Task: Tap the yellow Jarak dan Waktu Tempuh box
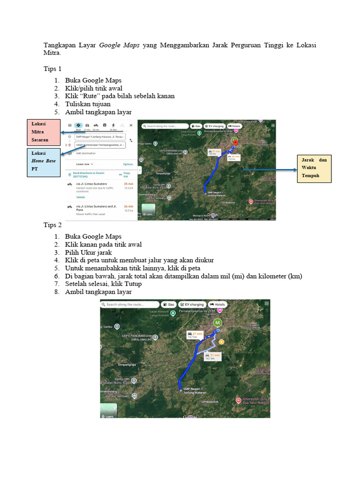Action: click(x=315, y=168)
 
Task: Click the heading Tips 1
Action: click(x=52, y=69)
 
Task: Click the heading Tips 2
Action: click(x=52, y=225)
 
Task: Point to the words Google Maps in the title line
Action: click(x=119, y=45)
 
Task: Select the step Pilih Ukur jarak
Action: click(x=88, y=252)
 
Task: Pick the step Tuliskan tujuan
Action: click(x=88, y=104)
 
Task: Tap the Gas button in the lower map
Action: click(x=169, y=305)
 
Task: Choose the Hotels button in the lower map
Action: click(x=218, y=305)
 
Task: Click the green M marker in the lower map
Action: click(x=217, y=322)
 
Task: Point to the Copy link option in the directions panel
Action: click(x=126, y=174)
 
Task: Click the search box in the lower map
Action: click(x=130, y=305)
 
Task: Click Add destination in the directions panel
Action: click(x=85, y=153)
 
